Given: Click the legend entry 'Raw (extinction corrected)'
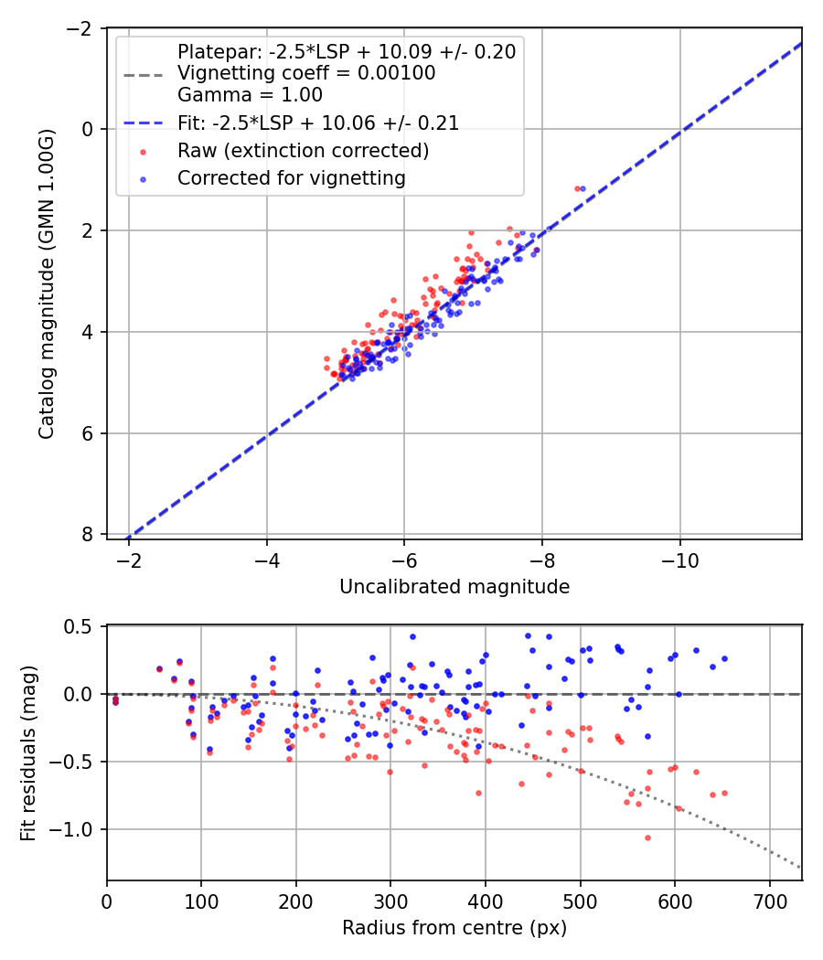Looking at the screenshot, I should click(303, 149).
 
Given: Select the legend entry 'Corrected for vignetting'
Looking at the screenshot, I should click(291, 178).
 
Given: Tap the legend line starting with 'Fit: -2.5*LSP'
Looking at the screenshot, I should click(317, 123).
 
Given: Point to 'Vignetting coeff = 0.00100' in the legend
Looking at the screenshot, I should click(306, 73).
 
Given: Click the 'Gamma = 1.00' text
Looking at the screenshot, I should click(250, 94).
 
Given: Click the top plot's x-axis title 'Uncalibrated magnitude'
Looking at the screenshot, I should click(454, 587).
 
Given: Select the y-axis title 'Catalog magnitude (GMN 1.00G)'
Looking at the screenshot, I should click(47, 283).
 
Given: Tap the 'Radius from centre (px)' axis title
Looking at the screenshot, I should click(454, 928).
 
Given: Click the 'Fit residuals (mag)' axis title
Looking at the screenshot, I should click(28, 752).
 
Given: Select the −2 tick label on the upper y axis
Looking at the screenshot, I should click(82, 28).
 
